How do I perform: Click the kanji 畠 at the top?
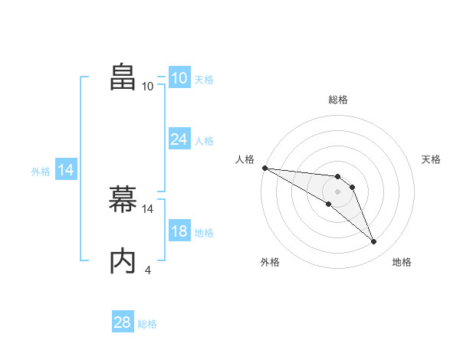[x=123, y=77]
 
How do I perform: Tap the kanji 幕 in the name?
[x=123, y=200]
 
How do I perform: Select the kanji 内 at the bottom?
[x=123, y=261]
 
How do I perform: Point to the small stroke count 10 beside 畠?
[x=147, y=86]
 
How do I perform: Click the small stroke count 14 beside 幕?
[x=148, y=208]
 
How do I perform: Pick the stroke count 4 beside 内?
[x=147, y=270]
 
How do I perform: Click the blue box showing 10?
[x=179, y=78]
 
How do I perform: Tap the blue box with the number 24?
[x=179, y=139]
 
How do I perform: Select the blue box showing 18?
[x=179, y=231]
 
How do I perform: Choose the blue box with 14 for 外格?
[x=66, y=171]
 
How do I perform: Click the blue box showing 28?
[x=122, y=322]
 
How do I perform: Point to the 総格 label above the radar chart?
[x=337, y=100]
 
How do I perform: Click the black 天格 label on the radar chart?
[x=431, y=159]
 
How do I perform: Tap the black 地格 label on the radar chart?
[x=402, y=262]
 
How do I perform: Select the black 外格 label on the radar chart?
[x=270, y=262]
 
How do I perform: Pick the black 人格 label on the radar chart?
[x=245, y=159]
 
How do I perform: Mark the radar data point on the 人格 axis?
[x=264, y=168]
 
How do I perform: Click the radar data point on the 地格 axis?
[x=373, y=242]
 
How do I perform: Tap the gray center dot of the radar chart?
[x=337, y=191]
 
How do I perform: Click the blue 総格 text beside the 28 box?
[x=147, y=324]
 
